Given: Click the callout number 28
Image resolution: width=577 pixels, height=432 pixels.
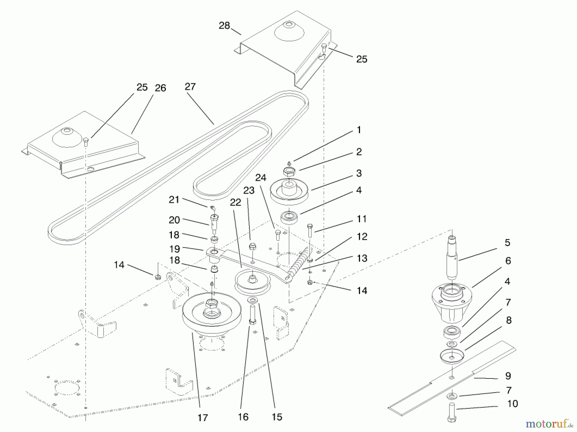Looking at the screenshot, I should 224,26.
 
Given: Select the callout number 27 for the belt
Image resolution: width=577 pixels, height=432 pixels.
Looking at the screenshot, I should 190,87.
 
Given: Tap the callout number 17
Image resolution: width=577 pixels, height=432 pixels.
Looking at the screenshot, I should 203,418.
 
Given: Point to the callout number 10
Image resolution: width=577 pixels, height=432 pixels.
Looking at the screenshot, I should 512,404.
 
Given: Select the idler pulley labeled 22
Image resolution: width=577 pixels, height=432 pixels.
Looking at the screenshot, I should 253,282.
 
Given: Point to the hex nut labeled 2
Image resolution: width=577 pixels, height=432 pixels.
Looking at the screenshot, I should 289,172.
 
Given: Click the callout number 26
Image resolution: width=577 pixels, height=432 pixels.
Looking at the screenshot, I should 160,88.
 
